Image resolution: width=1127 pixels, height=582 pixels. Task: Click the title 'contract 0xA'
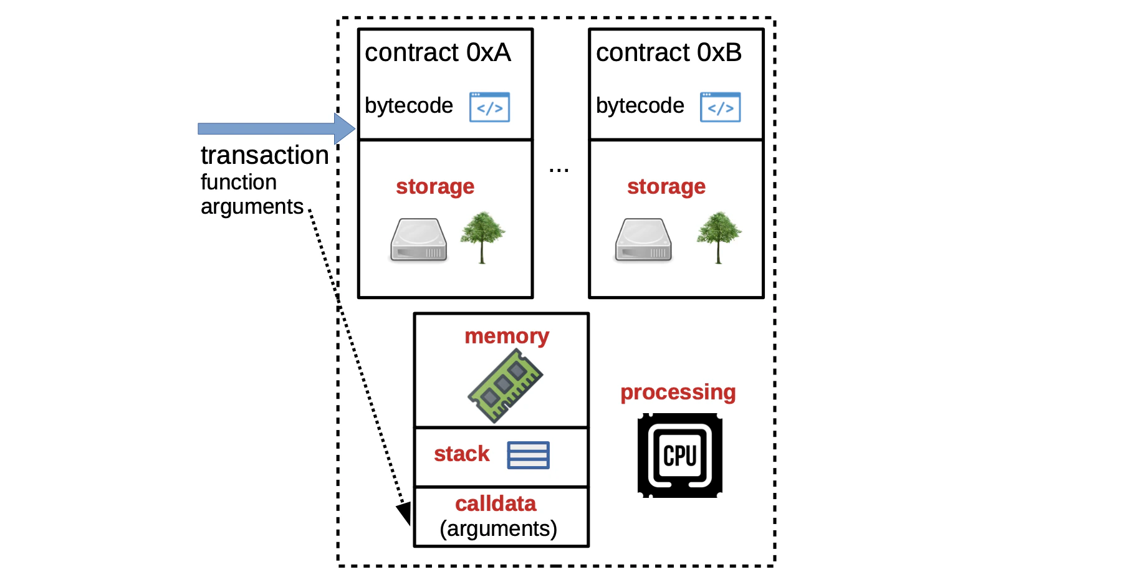click(438, 52)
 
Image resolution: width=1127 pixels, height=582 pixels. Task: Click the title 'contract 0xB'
click(668, 52)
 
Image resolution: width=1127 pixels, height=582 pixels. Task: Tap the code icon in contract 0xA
click(489, 107)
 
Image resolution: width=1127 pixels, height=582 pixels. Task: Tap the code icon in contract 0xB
click(720, 107)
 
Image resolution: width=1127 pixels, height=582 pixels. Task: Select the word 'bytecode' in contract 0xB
click(640, 106)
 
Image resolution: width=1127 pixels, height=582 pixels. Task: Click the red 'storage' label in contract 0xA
click(435, 186)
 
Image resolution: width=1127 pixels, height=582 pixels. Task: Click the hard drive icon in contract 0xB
click(643, 240)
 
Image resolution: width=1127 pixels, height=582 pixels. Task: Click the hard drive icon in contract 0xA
click(418, 240)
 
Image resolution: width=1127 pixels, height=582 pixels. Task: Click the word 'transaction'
click(264, 155)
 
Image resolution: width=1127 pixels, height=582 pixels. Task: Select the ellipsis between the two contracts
click(559, 169)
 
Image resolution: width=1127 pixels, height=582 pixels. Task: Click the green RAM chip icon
click(505, 386)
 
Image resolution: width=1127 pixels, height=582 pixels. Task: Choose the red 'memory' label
click(507, 336)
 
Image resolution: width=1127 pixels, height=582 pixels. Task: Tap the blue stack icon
click(528, 455)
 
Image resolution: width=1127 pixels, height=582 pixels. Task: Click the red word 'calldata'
click(495, 503)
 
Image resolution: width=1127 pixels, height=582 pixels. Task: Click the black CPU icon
click(679, 456)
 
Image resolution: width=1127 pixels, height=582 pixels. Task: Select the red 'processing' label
click(678, 393)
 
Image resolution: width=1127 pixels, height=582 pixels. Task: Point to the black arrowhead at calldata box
click(404, 513)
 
